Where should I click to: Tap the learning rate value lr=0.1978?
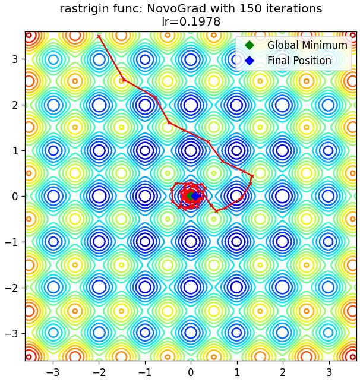tap(191, 21)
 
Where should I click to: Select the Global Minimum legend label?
tap(307, 45)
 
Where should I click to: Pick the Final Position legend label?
tap(299, 61)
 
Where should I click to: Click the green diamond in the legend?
tap(250, 45)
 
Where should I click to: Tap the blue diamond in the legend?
tap(250, 61)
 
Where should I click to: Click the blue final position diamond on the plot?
tap(195, 196)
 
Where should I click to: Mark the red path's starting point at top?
tap(99, 37)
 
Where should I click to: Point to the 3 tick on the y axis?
tap(15, 59)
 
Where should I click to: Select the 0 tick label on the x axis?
tap(191, 372)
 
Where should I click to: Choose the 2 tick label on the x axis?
tap(283, 372)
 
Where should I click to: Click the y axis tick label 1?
tap(15, 150)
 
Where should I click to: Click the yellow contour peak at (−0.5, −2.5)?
tap(168, 311)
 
